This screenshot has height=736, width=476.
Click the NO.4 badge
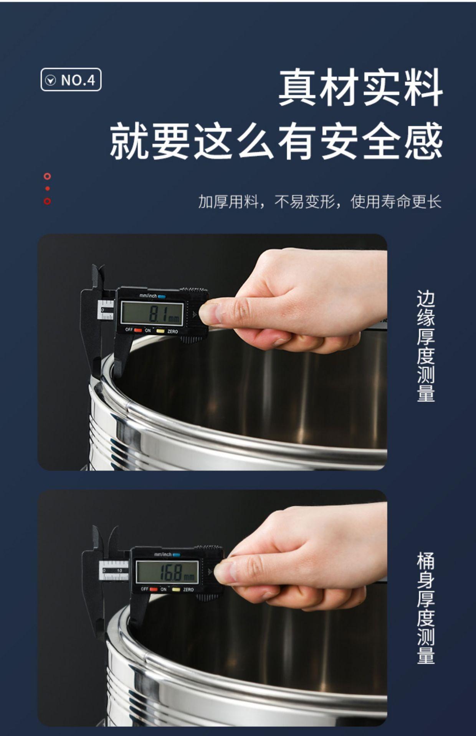(x=71, y=80)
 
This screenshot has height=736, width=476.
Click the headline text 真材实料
(x=360, y=88)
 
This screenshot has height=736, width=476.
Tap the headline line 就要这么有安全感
(x=276, y=141)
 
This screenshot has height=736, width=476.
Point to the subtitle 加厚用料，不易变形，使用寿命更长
(x=320, y=202)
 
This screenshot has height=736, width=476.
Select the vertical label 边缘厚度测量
(x=426, y=346)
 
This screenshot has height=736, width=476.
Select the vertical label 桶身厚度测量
(x=426, y=608)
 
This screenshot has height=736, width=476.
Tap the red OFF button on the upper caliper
(x=138, y=330)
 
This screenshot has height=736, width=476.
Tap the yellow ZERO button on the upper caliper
(x=160, y=331)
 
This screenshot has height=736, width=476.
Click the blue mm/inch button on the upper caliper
(x=162, y=296)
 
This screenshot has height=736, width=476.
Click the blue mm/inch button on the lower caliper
(x=176, y=555)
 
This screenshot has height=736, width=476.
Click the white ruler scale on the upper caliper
(x=106, y=310)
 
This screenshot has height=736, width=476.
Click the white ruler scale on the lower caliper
(x=114, y=570)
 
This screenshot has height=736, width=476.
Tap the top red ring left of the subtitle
(x=47, y=176)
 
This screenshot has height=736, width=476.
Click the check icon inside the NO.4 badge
(x=51, y=80)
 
